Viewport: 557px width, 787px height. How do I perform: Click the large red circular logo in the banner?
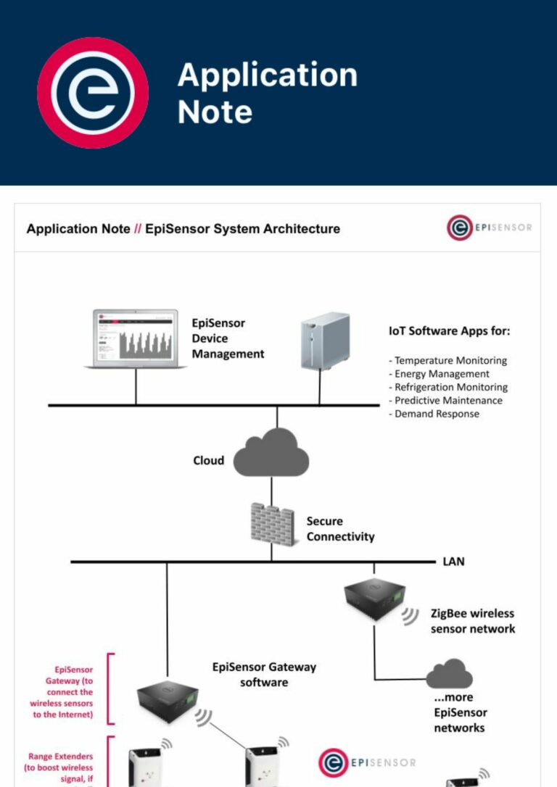93,93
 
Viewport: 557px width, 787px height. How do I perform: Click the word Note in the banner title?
215,112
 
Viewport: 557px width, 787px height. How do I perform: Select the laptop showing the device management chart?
136,339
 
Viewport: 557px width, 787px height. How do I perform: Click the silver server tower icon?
325,341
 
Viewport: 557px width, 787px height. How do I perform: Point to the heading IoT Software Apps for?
449,331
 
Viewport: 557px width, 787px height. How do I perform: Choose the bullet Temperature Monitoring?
450,360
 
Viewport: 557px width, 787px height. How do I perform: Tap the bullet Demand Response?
437,414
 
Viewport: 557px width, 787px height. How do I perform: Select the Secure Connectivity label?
340,529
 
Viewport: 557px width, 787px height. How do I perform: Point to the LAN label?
453,562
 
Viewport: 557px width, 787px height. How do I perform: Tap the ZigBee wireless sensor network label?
473,621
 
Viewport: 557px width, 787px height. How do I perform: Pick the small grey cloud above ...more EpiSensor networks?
450,674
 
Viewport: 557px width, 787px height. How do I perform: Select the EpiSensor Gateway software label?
264,675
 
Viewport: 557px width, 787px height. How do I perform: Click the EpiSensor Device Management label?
228,338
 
